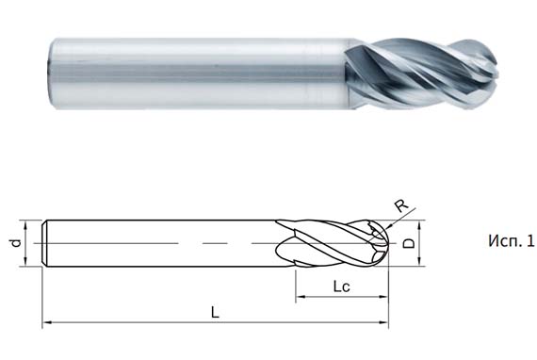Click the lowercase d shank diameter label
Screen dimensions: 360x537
point(16,243)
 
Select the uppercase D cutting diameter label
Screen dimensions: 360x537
point(408,243)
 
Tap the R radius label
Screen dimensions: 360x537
point(399,205)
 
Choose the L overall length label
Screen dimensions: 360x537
point(215,312)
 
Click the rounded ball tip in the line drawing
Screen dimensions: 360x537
point(383,243)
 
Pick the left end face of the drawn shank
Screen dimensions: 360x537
point(44,243)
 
